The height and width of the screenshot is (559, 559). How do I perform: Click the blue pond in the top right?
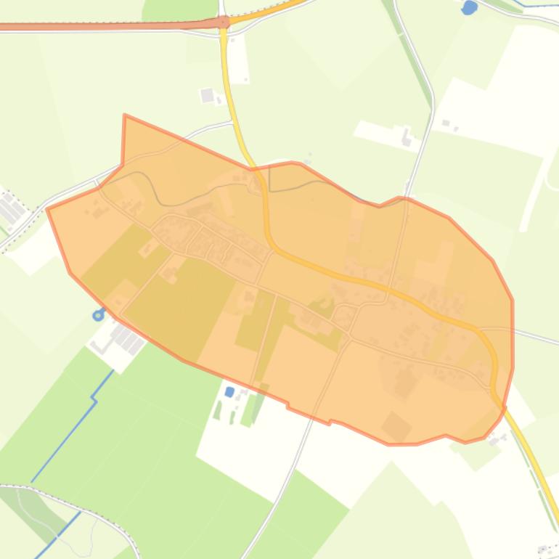[470, 8]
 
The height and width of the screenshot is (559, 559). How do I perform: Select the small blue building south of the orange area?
[230, 392]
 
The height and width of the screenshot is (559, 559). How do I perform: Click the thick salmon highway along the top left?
[109, 26]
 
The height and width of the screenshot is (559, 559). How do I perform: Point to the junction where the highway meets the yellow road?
[224, 23]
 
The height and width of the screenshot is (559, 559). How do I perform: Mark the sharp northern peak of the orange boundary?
[125, 115]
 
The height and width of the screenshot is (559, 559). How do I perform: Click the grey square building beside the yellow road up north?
[208, 95]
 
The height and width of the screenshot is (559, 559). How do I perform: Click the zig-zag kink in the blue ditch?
[94, 399]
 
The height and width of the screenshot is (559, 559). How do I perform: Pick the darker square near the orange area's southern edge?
[396, 426]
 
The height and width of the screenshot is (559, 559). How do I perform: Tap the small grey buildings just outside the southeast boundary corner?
[498, 439]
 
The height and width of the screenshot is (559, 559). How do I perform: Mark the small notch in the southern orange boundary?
[330, 421]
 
